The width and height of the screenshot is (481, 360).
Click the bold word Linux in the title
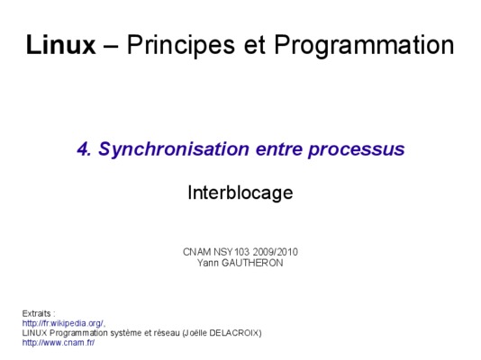pyautogui.click(x=60, y=45)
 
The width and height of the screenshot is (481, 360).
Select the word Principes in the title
pyautogui.click(x=181, y=45)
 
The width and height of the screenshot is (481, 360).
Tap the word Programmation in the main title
pyautogui.click(x=364, y=45)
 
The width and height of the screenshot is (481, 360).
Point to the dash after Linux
pyautogui.click(x=111, y=47)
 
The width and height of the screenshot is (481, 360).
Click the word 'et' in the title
pyautogui.click(x=254, y=45)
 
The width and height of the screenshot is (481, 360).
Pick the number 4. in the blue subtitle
pyautogui.click(x=84, y=149)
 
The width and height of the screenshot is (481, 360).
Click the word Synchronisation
pyautogui.click(x=174, y=149)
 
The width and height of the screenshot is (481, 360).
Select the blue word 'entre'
pyautogui.click(x=279, y=149)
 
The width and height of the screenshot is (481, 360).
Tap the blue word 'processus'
pyautogui.click(x=357, y=151)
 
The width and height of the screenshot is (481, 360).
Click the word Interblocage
pyautogui.click(x=240, y=193)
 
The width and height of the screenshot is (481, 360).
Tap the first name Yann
pyautogui.click(x=208, y=263)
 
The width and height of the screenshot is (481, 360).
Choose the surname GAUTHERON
pyautogui.click(x=252, y=263)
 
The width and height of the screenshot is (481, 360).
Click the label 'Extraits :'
pyautogui.click(x=39, y=313)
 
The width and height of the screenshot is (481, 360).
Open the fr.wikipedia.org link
pyautogui.click(x=63, y=323)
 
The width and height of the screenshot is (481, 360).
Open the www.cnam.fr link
pyautogui.click(x=59, y=343)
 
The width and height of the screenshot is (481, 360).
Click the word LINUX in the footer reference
pyautogui.click(x=34, y=333)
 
